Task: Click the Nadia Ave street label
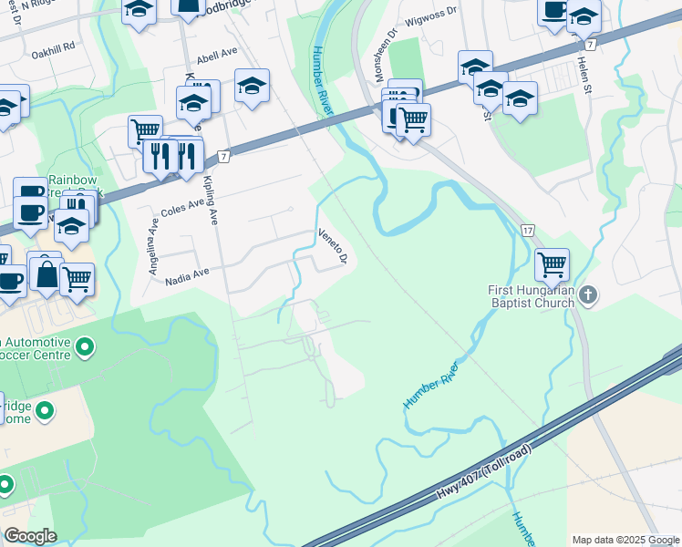[187, 271]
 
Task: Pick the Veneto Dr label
[333, 244]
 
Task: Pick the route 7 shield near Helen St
[592, 44]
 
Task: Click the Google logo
[31, 536]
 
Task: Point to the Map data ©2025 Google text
[625, 540]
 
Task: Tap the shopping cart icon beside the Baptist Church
[552, 264]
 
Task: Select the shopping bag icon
[46, 273]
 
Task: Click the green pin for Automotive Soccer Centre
[86, 346]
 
